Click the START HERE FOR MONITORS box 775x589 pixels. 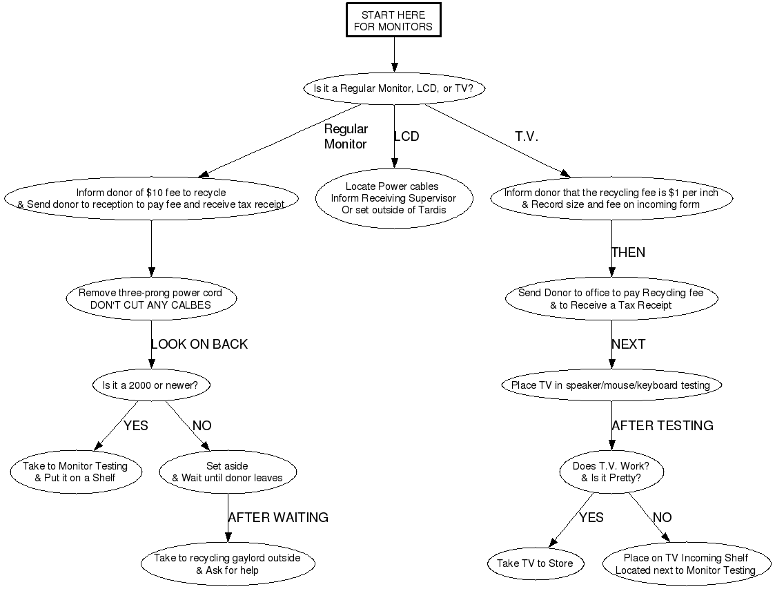[x=393, y=21]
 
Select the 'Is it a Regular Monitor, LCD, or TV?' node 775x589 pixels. [x=393, y=88]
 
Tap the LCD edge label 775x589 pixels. [x=406, y=137]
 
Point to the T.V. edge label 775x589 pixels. [x=527, y=137]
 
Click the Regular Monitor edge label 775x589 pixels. [x=346, y=136]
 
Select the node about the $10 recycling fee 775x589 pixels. [x=151, y=199]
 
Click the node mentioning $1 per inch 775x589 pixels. [x=611, y=199]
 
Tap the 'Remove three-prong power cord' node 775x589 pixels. [x=151, y=299]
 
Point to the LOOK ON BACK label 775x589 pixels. [x=199, y=344]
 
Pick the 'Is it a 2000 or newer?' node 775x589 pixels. [x=150, y=385]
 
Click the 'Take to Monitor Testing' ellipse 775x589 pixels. [x=75, y=472]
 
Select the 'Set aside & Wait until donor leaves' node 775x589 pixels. [x=227, y=472]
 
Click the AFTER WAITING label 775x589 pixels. [x=278, y=517]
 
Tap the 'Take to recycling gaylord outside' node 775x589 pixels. [x=227, y=563]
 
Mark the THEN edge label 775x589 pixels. [x=628, y=253]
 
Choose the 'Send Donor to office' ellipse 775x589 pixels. [x=611, y=299]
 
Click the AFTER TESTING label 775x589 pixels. [x=663, y=425]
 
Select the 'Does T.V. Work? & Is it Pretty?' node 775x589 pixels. [x=611, y=472]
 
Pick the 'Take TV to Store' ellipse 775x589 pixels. [x=535, y=563]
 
